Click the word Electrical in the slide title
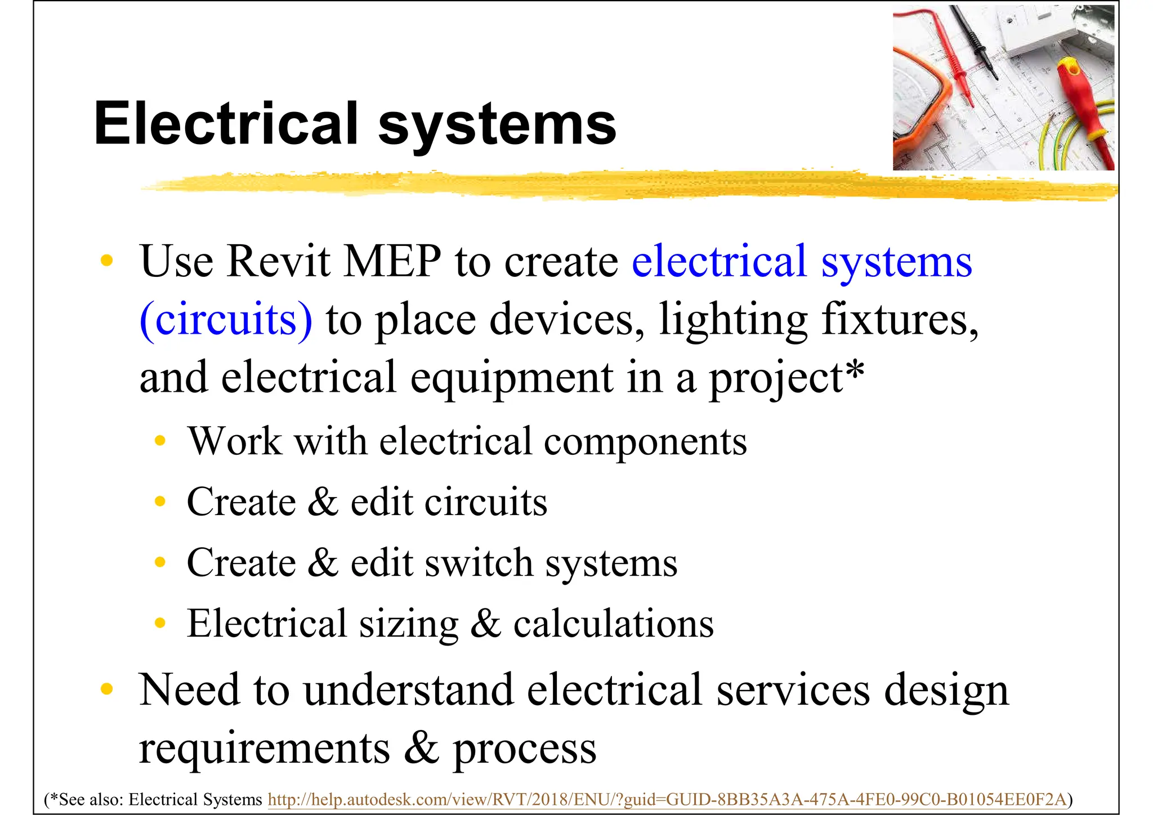(x=226, y=123)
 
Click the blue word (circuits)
(x=226, y=320)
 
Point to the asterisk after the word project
(x=854, y=371)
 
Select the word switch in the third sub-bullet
(x=479, y=562)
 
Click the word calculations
(x=613, y=624)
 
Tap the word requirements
(x=265, y=749)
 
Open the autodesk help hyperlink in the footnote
(x=667, y=799)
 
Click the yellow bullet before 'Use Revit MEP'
(x=106, y=261)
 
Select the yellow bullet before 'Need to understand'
(x=106, y=689)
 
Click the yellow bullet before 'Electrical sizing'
(x=160, y=623)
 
